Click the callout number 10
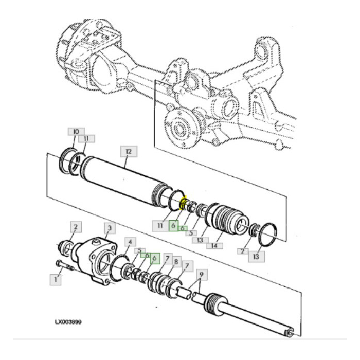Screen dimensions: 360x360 coord(76,132)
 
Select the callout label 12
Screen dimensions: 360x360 coord(127,151)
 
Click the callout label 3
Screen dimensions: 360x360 coord(109,227)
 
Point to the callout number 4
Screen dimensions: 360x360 coord(131,242)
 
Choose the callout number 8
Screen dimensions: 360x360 coord(177,262)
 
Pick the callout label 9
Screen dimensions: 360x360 coord(201,275)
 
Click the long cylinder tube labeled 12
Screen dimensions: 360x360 coord(123,183)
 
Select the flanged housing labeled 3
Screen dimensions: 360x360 coord(95,257)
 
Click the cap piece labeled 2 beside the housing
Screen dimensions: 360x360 coord(67,247)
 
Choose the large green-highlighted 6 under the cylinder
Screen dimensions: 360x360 coord(174,225)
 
